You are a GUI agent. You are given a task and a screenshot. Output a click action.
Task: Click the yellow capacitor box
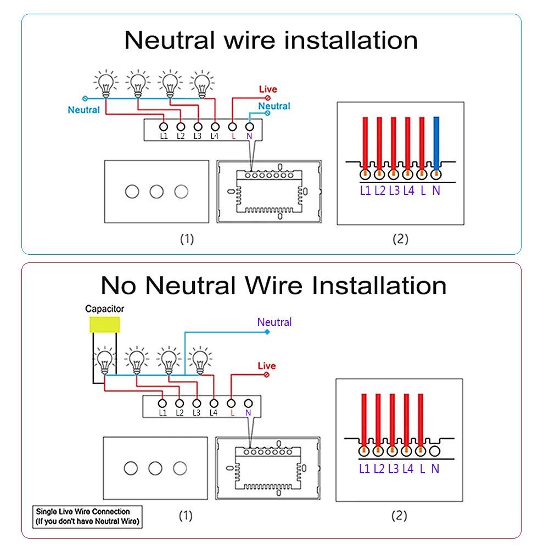(x=104, y=324)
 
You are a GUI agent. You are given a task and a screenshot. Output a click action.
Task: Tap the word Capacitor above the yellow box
(x=104, y=309)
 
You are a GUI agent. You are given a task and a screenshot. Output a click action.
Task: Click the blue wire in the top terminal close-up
(x=436, y=140)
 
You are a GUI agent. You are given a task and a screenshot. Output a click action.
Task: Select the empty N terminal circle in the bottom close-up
(x=435, y=451)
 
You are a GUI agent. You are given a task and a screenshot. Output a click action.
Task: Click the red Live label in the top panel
(x=268, y=89)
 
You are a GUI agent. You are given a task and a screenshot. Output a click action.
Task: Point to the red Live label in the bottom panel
(x=267, y=366)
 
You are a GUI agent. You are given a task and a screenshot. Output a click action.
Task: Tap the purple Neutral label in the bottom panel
(x=274, y=322)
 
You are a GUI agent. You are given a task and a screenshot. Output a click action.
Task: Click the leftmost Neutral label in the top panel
(x=84, y=110)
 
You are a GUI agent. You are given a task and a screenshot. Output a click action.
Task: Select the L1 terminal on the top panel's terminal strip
(x=164, y=127)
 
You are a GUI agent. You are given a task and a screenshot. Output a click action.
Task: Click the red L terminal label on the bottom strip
(x=231, y=413)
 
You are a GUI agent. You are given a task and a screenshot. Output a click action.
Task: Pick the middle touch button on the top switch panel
(x=156, y=192)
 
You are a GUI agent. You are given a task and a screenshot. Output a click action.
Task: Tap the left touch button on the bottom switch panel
(x=131, y=468)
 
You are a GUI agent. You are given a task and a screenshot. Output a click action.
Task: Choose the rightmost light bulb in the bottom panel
(x=201, y=361)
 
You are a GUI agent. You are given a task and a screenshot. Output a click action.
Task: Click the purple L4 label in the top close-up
(x=408, y=191)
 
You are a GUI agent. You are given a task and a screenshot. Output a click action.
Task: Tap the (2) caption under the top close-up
(x=400, y=239)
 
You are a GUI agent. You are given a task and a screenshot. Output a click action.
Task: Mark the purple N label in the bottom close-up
(x=435, y=469)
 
